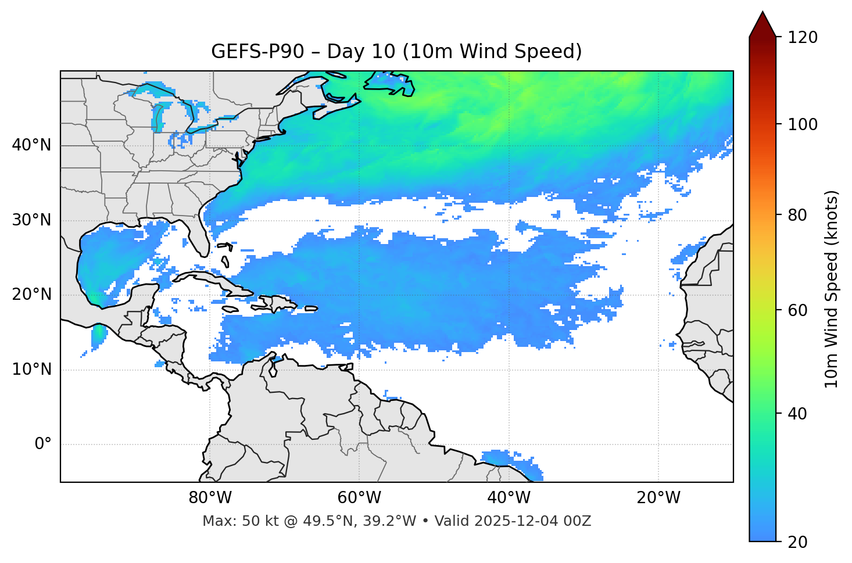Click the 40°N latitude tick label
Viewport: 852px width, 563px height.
tap(31, 145)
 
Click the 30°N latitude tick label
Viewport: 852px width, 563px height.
tap(31, 220)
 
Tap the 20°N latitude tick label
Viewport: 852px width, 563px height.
tap(31, 295)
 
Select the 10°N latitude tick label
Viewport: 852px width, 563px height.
tap(31, 370)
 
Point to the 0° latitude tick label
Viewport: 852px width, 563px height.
tap(43, 444)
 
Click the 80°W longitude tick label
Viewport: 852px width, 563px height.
tap(210, 498)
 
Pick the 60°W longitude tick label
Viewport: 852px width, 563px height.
tap(359, 498)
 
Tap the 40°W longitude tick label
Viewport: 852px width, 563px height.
tap(509, 498)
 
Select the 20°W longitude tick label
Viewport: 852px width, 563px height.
tap(658, 498)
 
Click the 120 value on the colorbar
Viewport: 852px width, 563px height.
tap(802, 38)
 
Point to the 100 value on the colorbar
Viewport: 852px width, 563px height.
tap(802, 124)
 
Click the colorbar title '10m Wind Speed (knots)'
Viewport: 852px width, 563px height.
tap(832, 289)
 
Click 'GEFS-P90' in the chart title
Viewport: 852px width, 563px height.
tap(257, 52)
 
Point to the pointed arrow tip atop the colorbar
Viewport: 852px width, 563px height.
tap(762, 14)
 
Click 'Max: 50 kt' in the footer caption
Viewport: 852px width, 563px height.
tap(230, 521)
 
